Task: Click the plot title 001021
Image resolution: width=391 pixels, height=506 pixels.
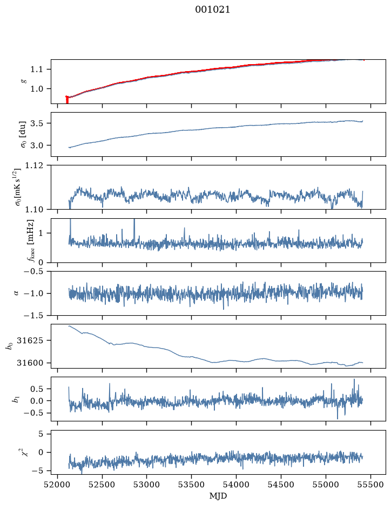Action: (212, 10)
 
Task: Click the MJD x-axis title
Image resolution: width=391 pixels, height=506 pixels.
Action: (218, 496)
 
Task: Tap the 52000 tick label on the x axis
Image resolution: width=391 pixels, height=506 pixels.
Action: (58, 484)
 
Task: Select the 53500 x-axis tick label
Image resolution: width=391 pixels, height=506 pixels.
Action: (192, 484)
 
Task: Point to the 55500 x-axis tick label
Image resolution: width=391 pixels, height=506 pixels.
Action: (370, 484)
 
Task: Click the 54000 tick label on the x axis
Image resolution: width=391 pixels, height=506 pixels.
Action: (236, 484)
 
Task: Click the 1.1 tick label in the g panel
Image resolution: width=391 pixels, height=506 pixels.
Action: (36, 70)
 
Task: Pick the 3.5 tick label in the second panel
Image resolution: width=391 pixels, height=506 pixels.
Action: (36, 123)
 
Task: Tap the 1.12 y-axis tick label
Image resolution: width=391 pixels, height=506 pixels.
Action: (33, 165)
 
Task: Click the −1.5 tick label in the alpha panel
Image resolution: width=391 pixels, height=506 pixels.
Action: (33, 316)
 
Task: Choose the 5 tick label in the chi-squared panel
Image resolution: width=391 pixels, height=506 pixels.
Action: (41, 434)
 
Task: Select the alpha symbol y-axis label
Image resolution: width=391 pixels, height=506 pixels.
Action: (16, 293)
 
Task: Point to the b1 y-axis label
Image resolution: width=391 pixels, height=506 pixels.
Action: (15, 399)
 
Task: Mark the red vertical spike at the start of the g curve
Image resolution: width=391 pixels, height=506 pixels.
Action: (67, 100)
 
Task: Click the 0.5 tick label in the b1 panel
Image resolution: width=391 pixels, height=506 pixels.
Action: (36, 389)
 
